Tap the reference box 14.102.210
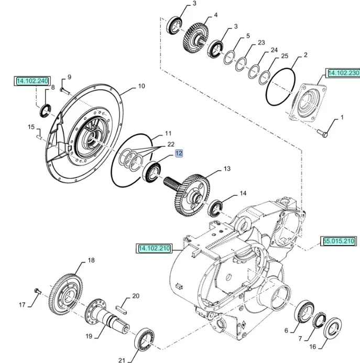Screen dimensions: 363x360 coord(155,248)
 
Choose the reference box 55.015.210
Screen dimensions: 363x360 coord(339,241)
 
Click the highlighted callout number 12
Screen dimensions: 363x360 coord(179,153)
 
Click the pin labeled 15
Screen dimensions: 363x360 coord(40,137)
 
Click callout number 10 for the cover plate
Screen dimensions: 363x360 coord(141,86)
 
